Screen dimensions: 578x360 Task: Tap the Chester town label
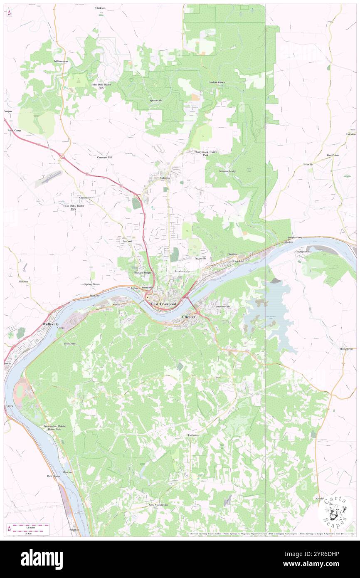click(x=189, y=317)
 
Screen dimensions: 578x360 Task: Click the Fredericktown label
click(x=217, y=82)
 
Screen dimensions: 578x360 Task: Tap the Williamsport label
click(x=61, y=61)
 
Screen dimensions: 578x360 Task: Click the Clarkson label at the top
click(x=100, y=8)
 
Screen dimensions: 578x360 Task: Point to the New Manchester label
click(x=158, y=505)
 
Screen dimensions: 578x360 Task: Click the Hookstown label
click(x=346, y=348)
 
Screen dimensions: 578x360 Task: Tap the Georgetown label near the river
click(x=303, y=252)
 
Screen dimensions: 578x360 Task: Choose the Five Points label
click(x=333, y=155)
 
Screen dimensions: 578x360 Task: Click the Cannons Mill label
click(x=105, y=157)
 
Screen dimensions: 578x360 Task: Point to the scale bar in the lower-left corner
click(x=29, y=528)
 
